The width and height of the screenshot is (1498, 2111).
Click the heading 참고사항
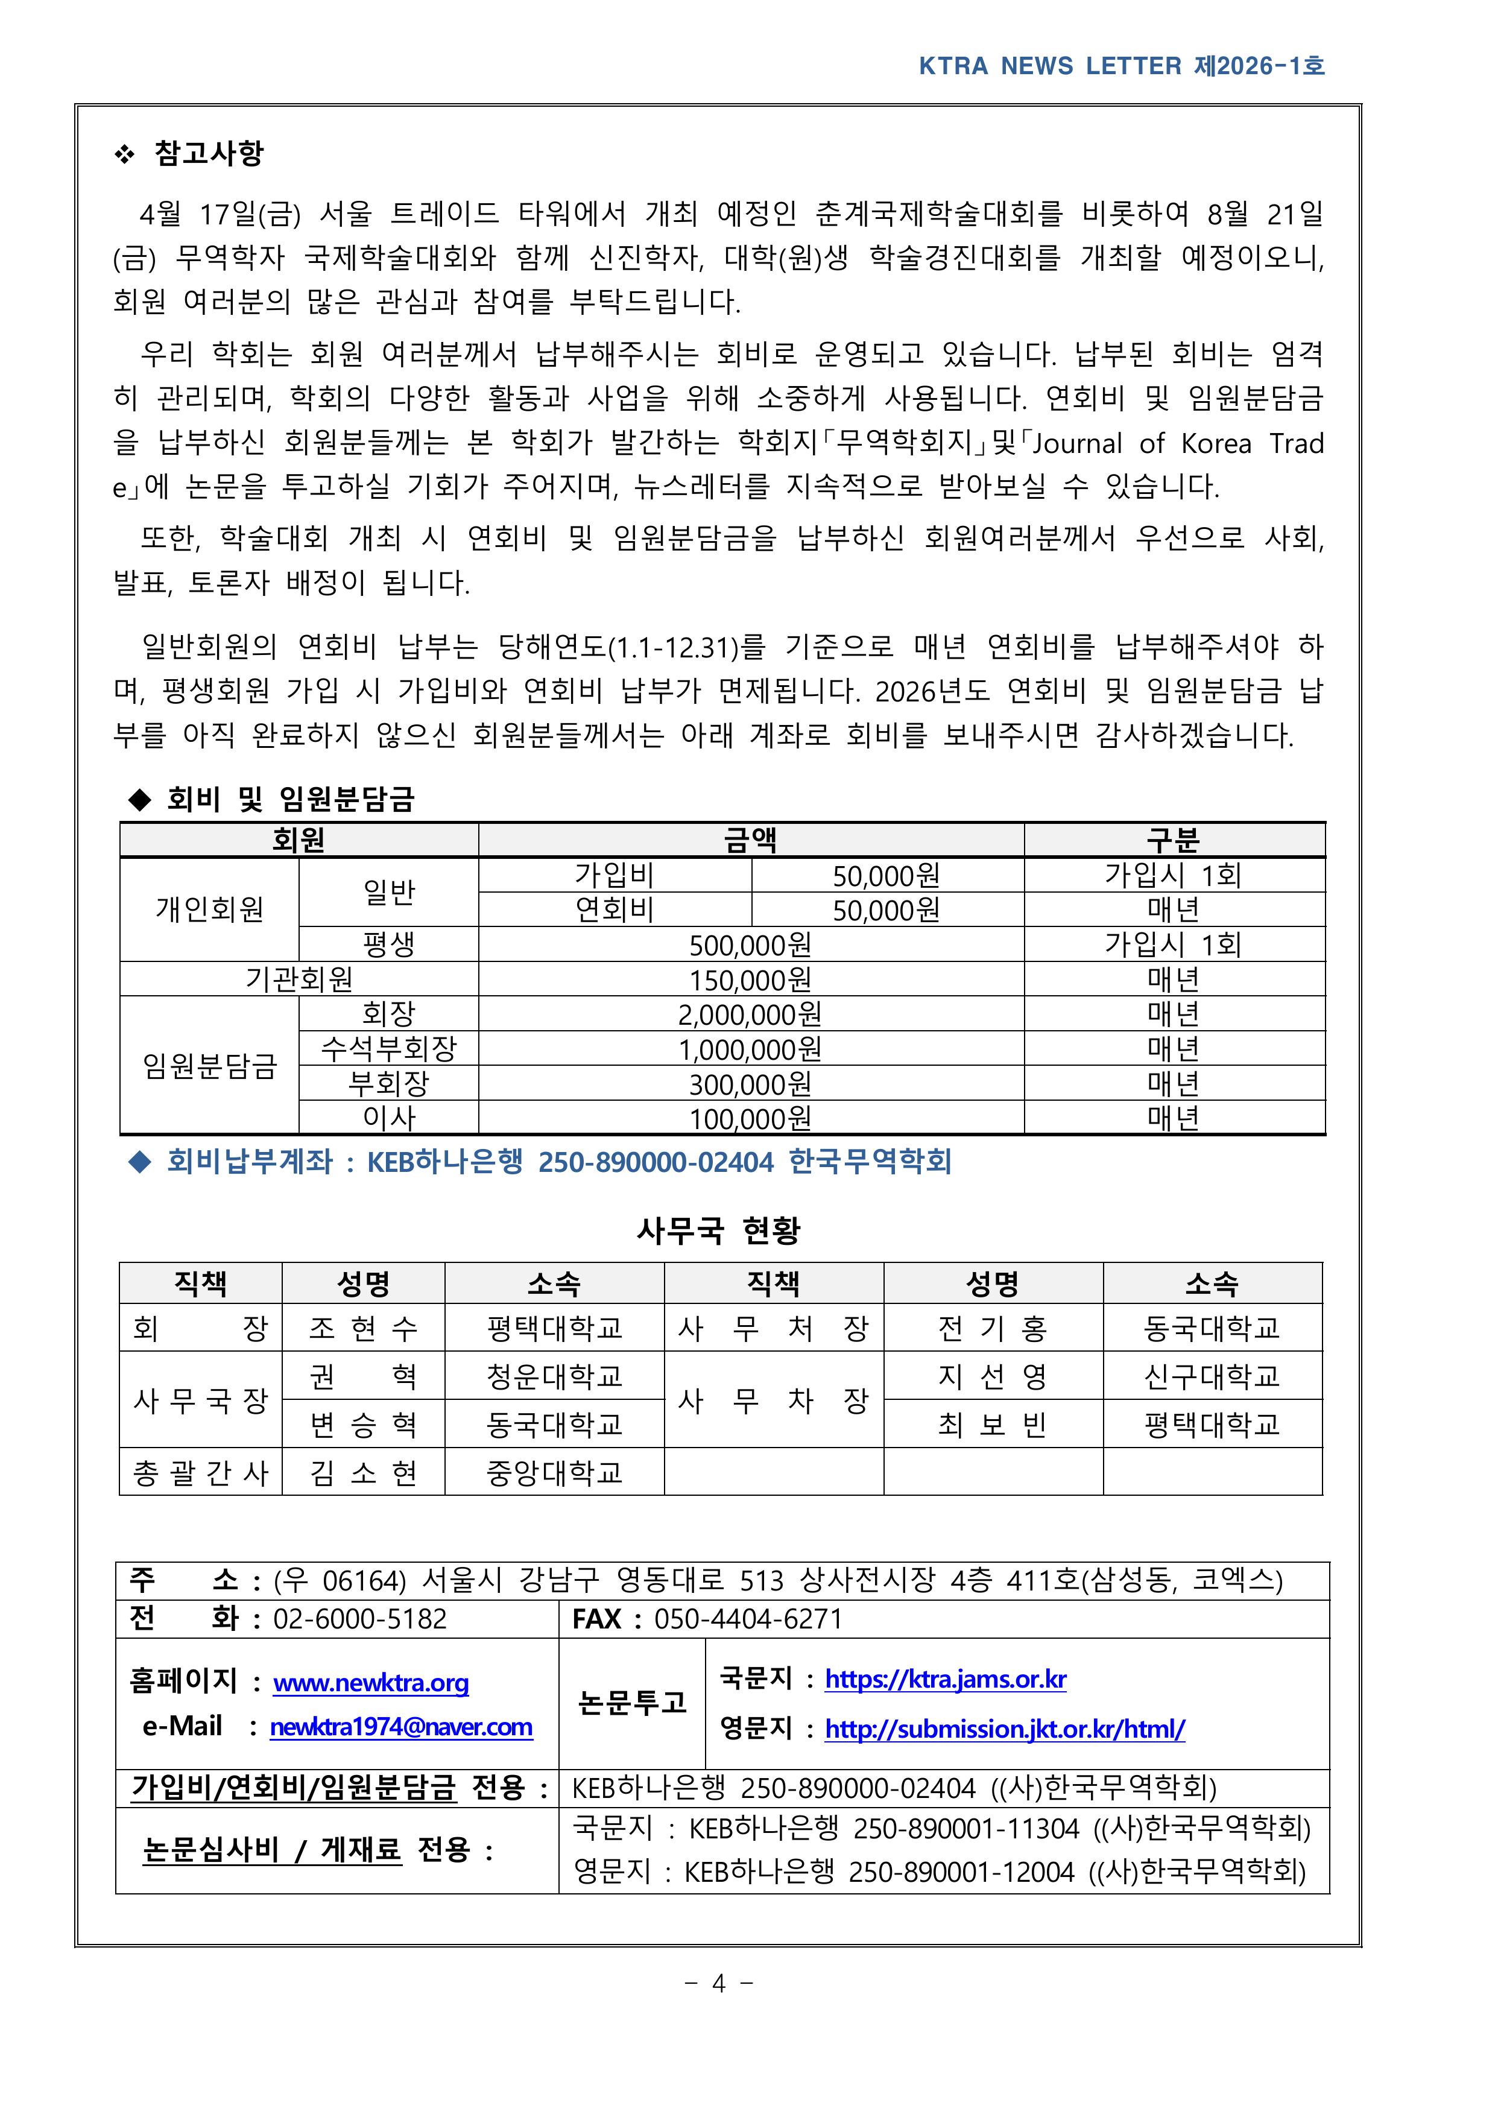point(209,153)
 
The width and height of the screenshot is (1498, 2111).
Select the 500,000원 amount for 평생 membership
point(750,945)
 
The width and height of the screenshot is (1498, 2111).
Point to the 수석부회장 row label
point(388,1049)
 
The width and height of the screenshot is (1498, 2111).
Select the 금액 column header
point(750,840)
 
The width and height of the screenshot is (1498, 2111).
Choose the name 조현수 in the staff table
point(364,1329)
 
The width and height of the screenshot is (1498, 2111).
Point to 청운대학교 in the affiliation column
point(554,1376)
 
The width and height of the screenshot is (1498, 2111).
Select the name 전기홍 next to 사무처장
point(993,1329)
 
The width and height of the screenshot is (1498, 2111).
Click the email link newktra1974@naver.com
point(401,1727)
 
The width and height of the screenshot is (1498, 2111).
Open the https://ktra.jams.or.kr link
point(946,1679)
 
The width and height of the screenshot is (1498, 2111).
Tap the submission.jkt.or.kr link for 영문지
point(1005,1729)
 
